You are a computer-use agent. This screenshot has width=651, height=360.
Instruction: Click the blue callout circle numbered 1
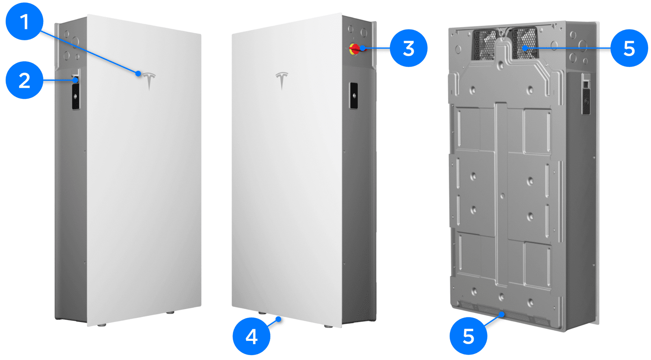pos(24,21)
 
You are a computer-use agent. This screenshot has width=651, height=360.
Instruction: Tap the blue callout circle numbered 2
pos(24,80)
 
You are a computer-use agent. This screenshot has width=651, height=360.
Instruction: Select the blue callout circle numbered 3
pos(409,48)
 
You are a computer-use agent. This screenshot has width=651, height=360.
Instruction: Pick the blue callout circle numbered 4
pos(251,336)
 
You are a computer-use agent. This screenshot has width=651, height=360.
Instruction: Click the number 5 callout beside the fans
pos(629,48)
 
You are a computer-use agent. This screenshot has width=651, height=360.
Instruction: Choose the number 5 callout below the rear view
pos(468,336)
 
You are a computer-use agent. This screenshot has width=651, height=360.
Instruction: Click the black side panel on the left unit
pos(76,96)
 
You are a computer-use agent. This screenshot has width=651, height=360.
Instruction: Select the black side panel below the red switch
pos(354,96)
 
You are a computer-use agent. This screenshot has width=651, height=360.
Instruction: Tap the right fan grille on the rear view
pos(524,43)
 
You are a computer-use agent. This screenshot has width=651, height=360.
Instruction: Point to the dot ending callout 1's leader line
pos(138,74)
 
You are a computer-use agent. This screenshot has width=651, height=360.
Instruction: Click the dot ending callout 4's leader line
pos(278,319)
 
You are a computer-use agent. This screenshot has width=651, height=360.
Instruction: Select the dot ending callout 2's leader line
pos(76,80)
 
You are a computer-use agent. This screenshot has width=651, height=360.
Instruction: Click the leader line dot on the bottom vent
pos(502,314)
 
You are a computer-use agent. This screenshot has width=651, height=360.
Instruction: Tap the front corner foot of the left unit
pos(102,325)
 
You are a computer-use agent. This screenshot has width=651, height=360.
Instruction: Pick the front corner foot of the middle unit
pos(328,326)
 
